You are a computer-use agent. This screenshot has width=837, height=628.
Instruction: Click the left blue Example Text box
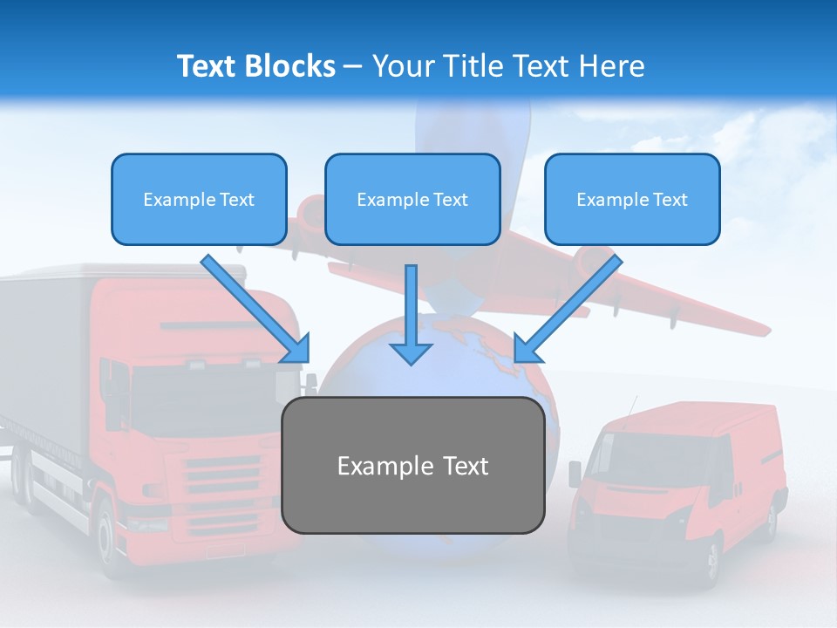pyautogui.click(x=199, y=199)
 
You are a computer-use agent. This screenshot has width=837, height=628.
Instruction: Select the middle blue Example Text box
pyautogui.click(x=412, y=199)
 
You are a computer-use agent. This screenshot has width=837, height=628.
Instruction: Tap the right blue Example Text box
pyautogui.click(x=633, y=199)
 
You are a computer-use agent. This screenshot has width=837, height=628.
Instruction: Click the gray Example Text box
pyautogui.click(x=413, y=465)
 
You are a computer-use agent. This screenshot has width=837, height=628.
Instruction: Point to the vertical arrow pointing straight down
pyautogui.click(x=411, y=315)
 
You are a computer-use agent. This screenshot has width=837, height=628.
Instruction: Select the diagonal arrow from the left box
pyautogui.click(x=255, y=309)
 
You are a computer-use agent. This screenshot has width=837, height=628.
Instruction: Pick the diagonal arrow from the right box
pyautogui.click(x=568, y=309)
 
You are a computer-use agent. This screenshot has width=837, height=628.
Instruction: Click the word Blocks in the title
pyautogui.click(x=290, y=66)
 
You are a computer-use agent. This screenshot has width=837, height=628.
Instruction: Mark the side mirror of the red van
pyautogui.click(x=575, y=474)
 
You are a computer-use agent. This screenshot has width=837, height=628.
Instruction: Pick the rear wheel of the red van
pyautogui.click(x=772, y=517)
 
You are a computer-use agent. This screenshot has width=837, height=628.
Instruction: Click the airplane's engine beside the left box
pyautogui.click(x=309, y=214)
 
